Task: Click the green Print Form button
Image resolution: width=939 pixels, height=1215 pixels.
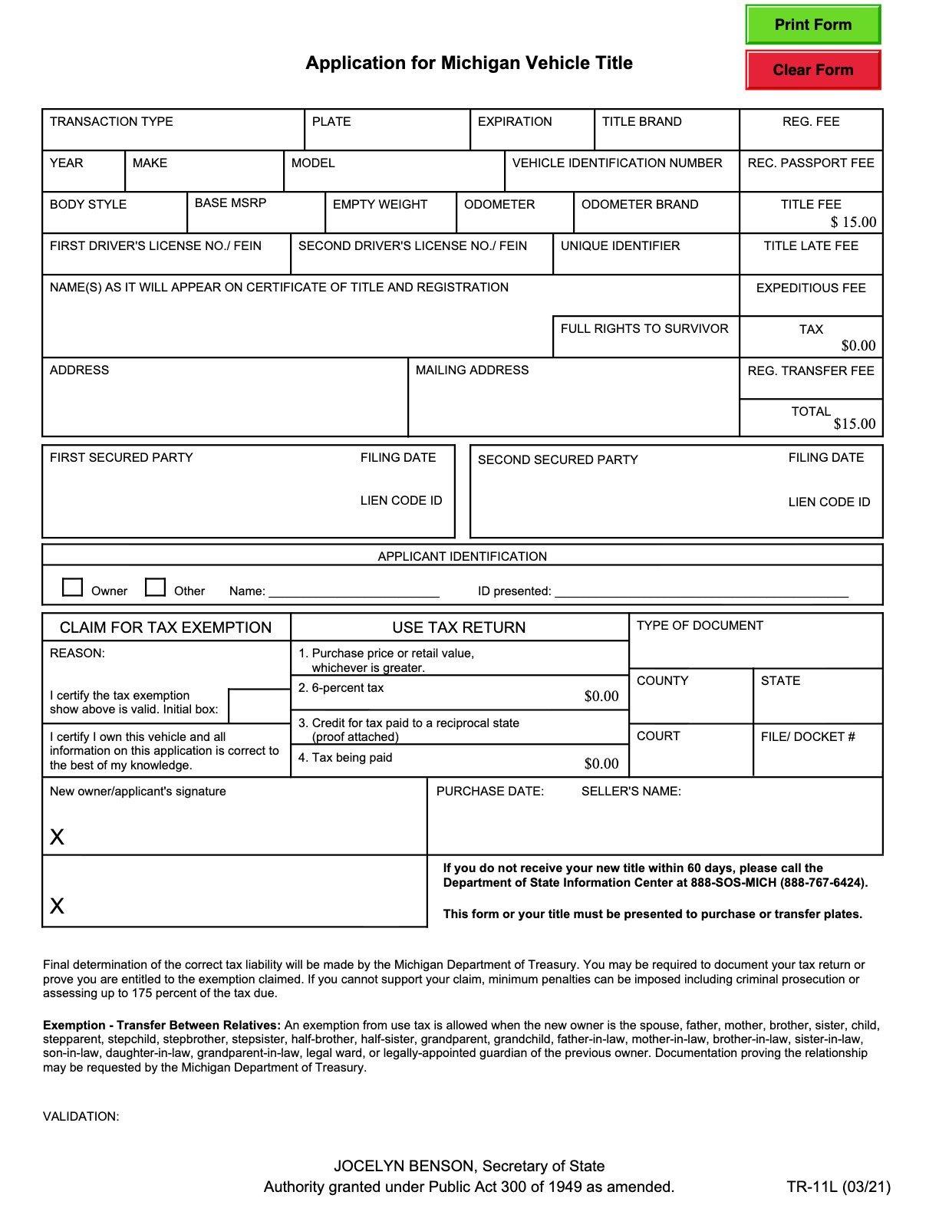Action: [812, 25]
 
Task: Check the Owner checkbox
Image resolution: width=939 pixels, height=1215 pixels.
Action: [73, 587]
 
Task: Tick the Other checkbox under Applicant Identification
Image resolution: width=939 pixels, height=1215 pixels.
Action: [156, 587]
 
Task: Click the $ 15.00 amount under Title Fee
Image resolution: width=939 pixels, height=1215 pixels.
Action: [853, 222]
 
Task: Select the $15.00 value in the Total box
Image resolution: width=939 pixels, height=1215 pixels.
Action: [854, 423]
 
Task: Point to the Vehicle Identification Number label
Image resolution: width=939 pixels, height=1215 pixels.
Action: [617, 163]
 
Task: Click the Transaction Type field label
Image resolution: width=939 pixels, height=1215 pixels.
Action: [111, 121]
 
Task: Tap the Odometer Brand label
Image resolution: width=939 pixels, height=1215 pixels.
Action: [639, 204]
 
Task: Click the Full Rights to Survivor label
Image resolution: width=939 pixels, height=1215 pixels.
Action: [644, 328]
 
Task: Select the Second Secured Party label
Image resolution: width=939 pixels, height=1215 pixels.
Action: [557, 459]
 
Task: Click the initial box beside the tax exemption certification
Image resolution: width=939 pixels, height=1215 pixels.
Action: [259, 706]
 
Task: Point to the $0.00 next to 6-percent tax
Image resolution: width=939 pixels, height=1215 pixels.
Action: [601, 696]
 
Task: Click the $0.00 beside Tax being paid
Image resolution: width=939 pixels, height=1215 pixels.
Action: [601, 763]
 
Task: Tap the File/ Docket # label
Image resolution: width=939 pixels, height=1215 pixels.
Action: [807, 736]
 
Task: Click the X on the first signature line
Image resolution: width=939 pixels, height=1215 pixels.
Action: [57, 837]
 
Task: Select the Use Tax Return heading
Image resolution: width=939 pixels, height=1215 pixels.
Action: [459, 627]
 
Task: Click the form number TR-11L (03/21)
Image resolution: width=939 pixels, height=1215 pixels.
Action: [838, 1187]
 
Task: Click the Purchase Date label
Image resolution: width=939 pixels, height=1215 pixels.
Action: [489, 791]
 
